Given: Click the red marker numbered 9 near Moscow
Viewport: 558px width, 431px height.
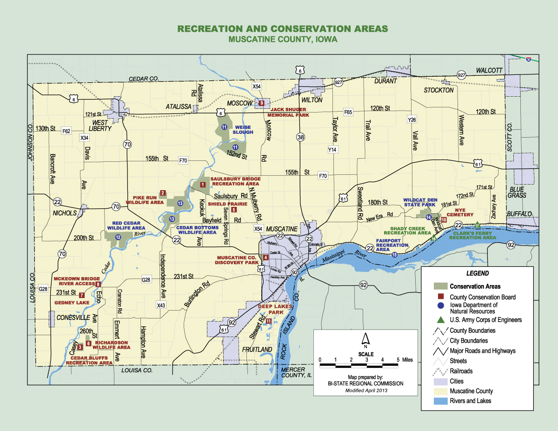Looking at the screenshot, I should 261,103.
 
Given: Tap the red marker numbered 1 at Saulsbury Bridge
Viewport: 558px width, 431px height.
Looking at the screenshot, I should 202,185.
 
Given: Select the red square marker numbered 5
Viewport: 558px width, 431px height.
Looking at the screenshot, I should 233,210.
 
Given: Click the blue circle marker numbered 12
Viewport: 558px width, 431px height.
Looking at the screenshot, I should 118,237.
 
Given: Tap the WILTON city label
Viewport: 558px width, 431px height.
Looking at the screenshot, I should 312,99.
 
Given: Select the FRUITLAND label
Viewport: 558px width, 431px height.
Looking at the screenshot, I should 257,349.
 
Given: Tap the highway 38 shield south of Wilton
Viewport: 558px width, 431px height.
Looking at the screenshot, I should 300,137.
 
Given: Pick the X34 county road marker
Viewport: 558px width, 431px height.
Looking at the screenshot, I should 84,138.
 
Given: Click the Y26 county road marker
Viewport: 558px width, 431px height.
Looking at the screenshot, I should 411,119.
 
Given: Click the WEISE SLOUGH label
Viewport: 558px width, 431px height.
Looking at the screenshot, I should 243,130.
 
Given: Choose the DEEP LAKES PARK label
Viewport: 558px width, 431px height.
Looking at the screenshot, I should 275,309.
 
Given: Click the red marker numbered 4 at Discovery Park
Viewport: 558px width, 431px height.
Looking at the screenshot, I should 266,258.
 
